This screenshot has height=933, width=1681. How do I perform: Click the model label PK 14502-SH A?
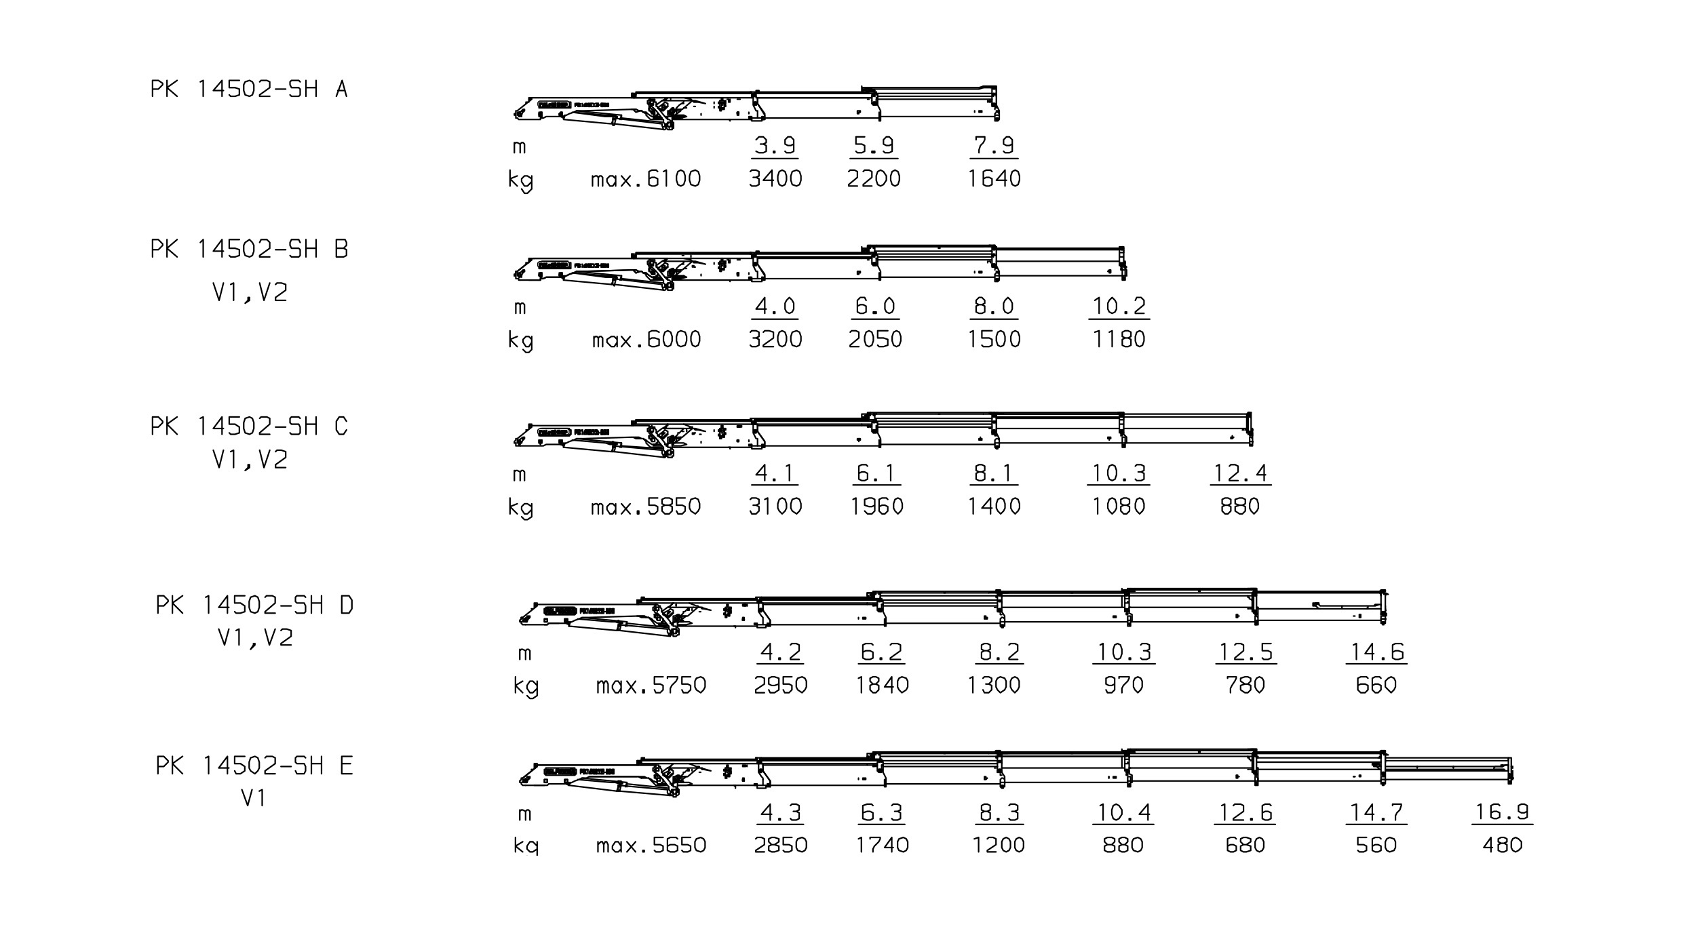point(249,90)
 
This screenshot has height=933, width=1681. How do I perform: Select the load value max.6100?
point(646,179)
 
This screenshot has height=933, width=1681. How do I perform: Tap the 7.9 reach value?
point(994,145)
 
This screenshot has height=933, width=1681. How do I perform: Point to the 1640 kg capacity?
point(994,179)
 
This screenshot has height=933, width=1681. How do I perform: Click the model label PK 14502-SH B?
point(250,250)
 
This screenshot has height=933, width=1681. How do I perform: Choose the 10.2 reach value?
point(1119,306)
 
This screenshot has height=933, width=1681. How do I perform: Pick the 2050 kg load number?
point(875,339)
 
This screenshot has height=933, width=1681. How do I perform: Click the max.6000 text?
point(646,339)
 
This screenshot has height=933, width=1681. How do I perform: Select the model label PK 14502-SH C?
point(249,426)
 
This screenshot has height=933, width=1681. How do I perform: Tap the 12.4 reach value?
point(1240,473)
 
